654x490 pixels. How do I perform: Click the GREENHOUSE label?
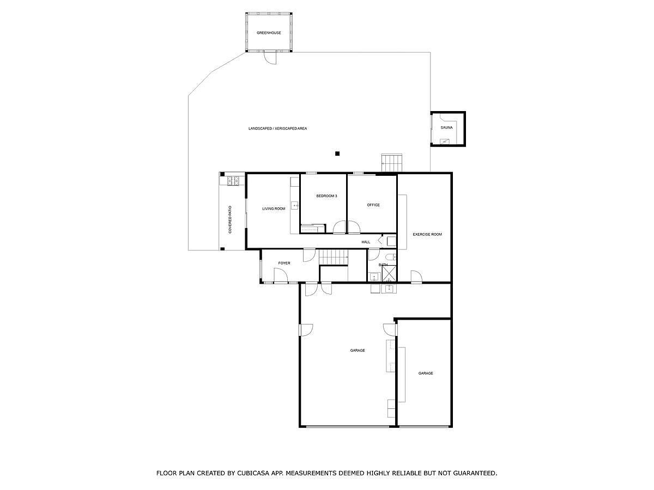click(x=269, y=33)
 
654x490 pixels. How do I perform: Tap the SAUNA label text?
click(x=446, y=127)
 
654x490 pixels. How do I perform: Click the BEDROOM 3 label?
click(x=326, y=195)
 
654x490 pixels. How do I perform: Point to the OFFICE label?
click(x=373, y=205)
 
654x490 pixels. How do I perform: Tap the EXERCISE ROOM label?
click(x=427, y=234)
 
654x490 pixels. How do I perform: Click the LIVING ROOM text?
click(x=274, y=209)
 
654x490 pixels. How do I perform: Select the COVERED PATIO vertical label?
click(x=230, y=219)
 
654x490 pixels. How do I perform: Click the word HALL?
click(x=366, y=242)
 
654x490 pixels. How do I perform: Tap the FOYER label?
click(x=284, y=263)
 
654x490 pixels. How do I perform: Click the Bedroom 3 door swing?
click(x=340, y=228)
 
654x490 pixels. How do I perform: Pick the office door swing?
click(x=354, y=228)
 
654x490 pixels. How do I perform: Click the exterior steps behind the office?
click(x=391, y=162)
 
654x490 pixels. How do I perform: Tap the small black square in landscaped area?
click(x=337, y=154)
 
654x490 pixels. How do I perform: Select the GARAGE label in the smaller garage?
click(x=426, y=373)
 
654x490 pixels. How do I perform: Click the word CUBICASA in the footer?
click(x=256, y=473)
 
